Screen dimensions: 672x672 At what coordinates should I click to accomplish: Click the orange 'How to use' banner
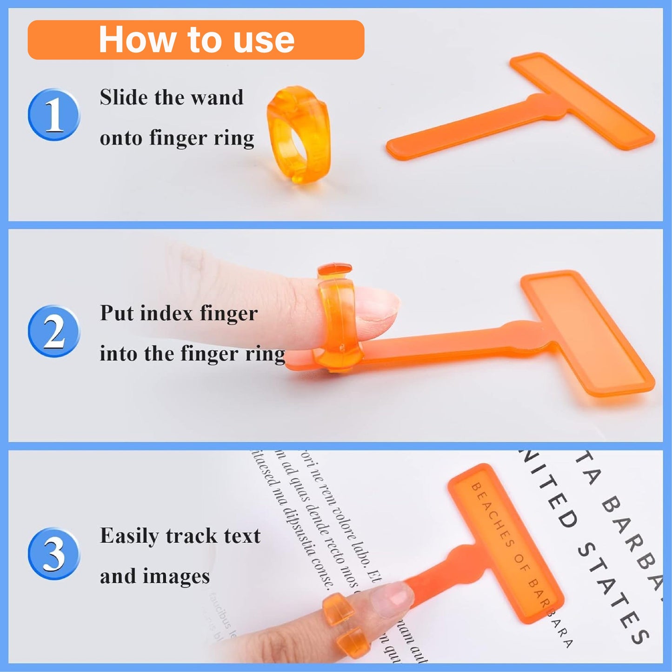point(196,40)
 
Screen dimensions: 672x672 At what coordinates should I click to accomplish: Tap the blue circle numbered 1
point(54,115)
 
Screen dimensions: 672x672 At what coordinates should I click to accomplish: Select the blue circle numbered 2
point(54,332)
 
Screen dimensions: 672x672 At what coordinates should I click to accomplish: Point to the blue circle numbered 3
point(54,554)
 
